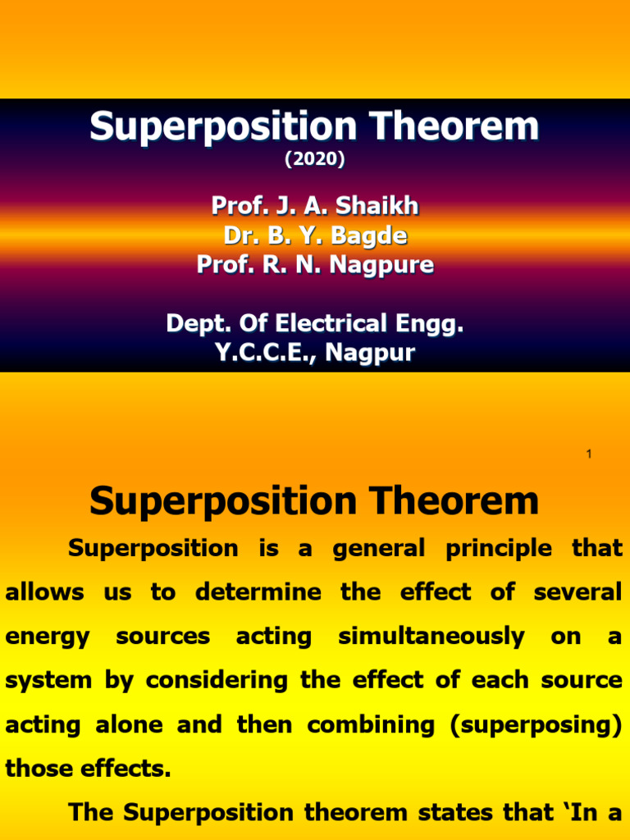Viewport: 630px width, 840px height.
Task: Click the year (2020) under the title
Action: click(315, 160)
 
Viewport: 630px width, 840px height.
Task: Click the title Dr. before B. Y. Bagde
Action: click(239, 235)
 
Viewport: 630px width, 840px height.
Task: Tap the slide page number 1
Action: click(589, 454)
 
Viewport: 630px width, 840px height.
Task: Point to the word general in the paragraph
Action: click(378, 548)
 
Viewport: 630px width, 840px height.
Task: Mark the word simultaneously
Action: click(431, 637)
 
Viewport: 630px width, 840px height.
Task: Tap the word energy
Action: click(48, 637)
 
